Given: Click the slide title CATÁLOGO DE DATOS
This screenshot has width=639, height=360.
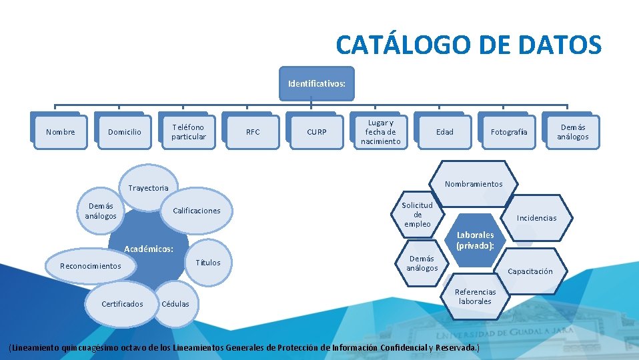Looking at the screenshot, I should [x=468, y=45].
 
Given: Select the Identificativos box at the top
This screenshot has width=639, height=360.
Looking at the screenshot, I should [x=316, y=85].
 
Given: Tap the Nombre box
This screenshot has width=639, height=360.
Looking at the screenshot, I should [x=60, y=132].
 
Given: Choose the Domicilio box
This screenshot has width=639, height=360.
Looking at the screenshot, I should [x=125, y=132].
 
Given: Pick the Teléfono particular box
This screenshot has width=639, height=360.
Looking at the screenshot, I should [x=188, y=132].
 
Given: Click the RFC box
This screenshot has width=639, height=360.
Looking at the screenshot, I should [x=253, y=132].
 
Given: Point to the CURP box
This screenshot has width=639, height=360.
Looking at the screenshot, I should [x=316, y=132].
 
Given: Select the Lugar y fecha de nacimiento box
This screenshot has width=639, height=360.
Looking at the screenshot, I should [x=380, y=132].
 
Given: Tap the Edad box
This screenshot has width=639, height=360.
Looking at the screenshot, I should [x=444, y=132].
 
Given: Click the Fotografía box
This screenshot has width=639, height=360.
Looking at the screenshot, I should [x=508, y=132].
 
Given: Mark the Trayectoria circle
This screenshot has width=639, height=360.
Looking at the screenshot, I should [x=148, y=187].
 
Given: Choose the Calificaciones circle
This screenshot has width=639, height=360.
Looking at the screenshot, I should [x=196, y=211].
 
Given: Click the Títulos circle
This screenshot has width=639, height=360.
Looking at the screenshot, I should [x=208, y=263].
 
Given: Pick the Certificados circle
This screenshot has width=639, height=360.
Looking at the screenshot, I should [x=122, y=304].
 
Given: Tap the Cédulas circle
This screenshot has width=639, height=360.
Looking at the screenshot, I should [x=175, y=304].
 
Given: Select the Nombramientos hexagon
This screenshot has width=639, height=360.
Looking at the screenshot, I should [x=474, y=184].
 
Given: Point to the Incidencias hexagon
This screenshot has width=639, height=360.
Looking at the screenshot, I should [x=536, y=218].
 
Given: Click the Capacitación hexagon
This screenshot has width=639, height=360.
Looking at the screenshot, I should [x=530, y=271].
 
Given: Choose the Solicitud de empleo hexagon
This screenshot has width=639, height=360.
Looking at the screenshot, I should [x=418, y=215].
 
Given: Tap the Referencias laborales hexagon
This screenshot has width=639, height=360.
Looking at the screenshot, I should [x=475, y=297].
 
